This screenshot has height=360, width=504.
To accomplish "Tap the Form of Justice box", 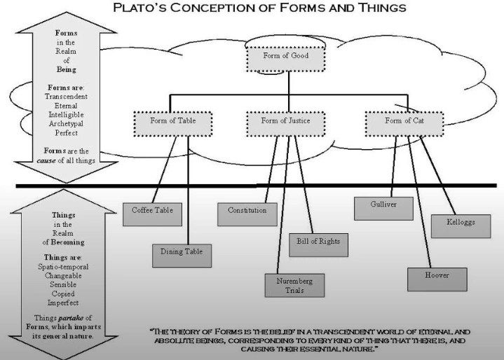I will (x=285, y=121).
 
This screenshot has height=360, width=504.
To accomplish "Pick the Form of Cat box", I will (x=404, y=121).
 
